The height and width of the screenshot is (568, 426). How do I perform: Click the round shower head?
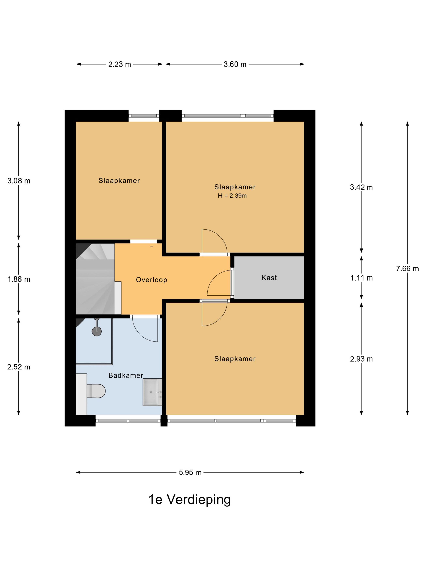point(97,331)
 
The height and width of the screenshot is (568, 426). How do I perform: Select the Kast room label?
point(269,278)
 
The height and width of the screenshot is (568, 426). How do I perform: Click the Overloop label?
point(152,280)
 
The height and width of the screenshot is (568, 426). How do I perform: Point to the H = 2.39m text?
point(232,196)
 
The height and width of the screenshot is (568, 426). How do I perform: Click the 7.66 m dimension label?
point(408,269)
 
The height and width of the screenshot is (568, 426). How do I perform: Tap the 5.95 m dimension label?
point(190,472)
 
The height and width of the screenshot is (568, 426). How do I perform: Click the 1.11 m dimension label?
point(361,278)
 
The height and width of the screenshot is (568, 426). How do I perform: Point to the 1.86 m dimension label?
point(19,279)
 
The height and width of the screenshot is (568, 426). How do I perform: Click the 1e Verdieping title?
point(189,500)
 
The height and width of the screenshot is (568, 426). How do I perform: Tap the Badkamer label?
point(126,375)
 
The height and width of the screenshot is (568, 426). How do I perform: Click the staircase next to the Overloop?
point(96,279)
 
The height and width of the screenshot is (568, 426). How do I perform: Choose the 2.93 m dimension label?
point(361,359)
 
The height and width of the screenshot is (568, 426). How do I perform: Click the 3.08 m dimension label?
point(19,181)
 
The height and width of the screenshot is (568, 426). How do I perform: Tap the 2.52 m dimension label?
point(19,367)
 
